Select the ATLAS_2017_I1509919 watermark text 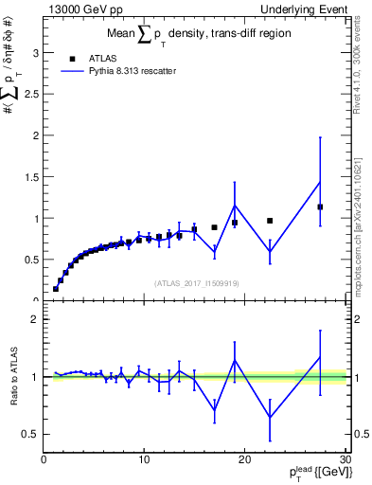click(197, 282)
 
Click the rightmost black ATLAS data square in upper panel click(320, 207)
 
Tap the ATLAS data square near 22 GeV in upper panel click(270, 221)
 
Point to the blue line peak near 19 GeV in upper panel click(235, 206)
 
